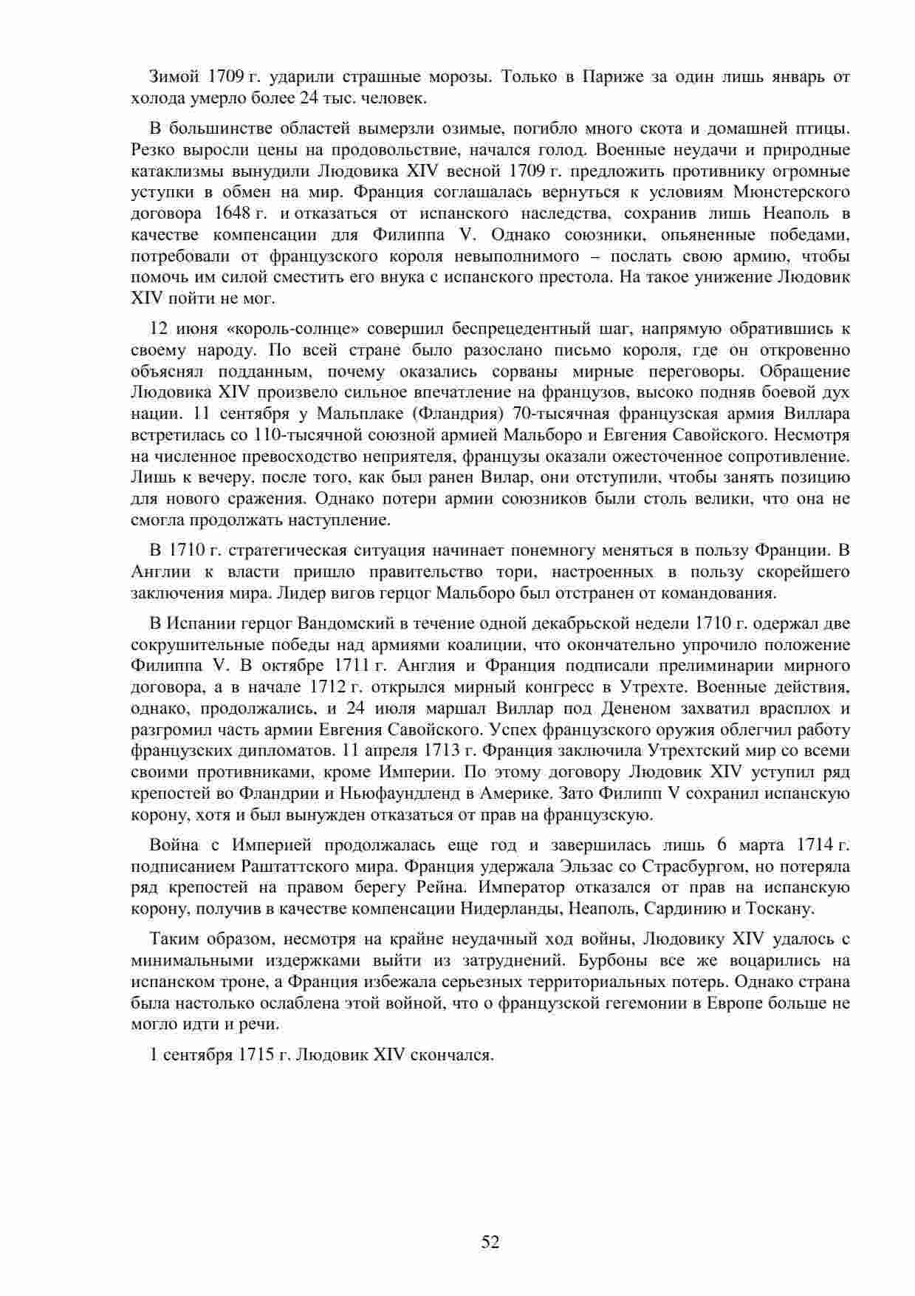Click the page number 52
point(490,1242)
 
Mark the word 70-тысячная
point(546,413)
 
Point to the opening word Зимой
point(174,77)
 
